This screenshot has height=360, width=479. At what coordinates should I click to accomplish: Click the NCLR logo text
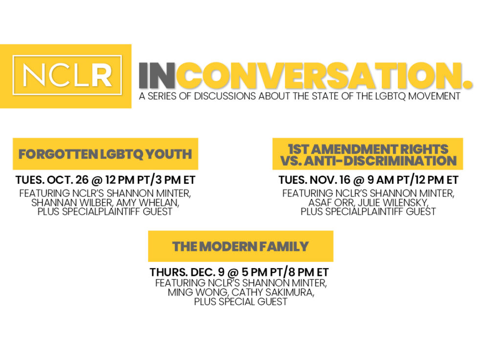67,75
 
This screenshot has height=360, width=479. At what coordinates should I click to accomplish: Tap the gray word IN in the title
157,75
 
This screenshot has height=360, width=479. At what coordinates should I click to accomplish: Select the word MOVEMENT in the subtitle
434,96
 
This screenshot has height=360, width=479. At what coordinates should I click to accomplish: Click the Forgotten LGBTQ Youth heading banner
106,154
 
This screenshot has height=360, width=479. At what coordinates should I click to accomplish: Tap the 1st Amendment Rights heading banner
368,154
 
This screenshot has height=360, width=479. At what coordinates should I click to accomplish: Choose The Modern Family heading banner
240,247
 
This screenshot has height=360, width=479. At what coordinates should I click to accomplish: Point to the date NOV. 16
330,180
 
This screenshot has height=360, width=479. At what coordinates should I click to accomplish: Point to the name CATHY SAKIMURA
273,292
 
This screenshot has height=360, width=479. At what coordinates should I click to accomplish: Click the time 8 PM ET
309,272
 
